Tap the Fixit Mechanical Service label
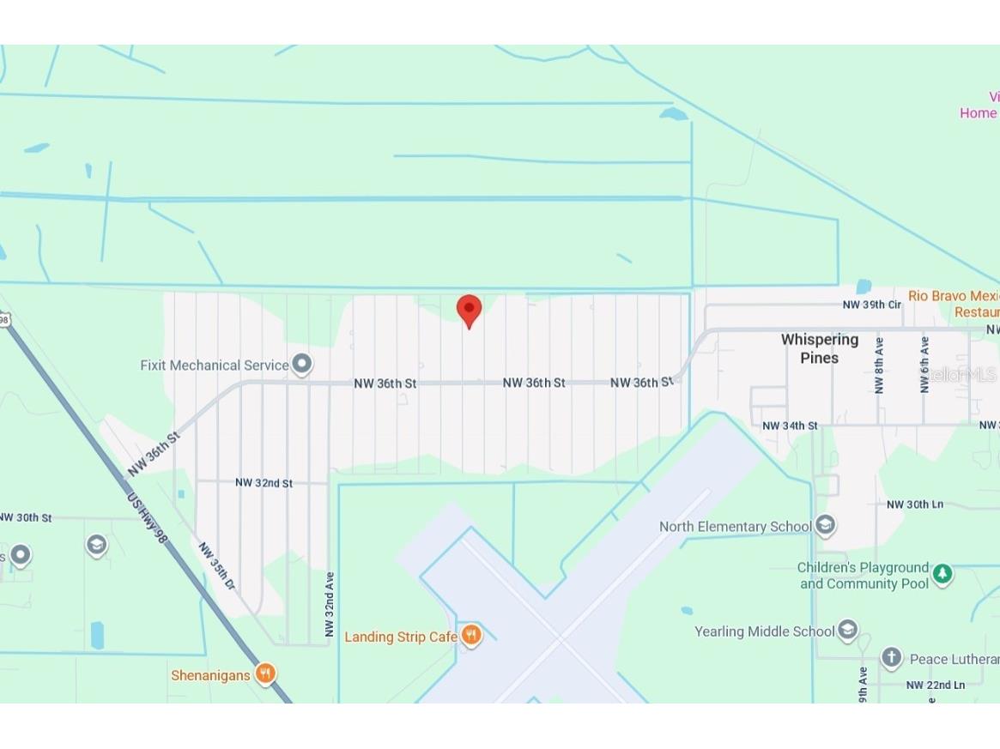tap(215, 365)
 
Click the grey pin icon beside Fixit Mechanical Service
tap(301, 364)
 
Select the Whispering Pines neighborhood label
tap(819, 348)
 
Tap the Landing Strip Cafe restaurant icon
tap(470, 636)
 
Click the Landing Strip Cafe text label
tap(401, 637)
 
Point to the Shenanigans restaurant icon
tap(266, 674)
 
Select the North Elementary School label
tap(735, 527)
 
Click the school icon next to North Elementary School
tap(825, 524)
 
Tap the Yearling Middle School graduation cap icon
tap(847, 631)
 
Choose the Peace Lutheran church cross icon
tap(892, 658)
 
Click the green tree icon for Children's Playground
tap(942, 574)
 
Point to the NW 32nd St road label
tap(264, 483)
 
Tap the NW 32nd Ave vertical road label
tap(330, 604)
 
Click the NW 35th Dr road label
tap(216, 565)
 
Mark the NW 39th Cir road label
tap(872, 305)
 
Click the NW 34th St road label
tap(791, 426)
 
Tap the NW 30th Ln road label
tap(915, 504)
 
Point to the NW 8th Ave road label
tap(879, 365)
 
